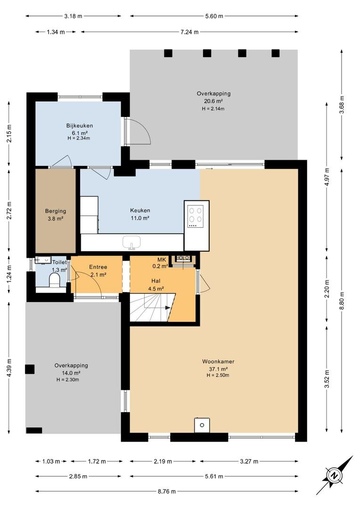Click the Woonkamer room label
click(x=218, y=361)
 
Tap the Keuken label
click(x=140, y=210)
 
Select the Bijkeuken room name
click(x=80, y=126)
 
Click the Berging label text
click(x=56, y=211)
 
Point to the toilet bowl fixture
click(x=54, y=280)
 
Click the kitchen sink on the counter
click(x=131, y=243)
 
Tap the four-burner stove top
click(x=196, y=215)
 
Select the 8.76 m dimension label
click(x=167, y=492)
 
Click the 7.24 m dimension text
click(x=189, y=32)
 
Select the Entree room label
click(x=98, y=267)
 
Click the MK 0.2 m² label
click(x=161, y=263)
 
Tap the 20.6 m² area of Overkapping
click(x=213, y=101)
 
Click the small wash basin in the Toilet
click(x=43, y=260)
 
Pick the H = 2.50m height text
click(x=218, y=376)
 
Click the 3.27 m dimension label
click(x=249, y=461)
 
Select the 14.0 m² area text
click(x=71, y=373)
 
